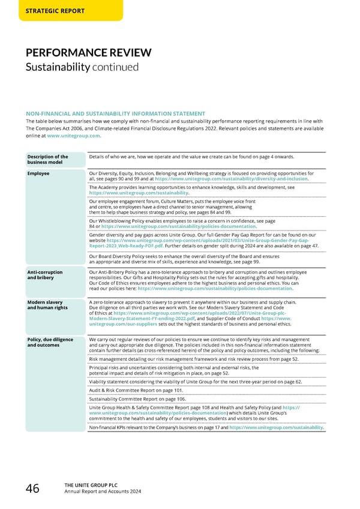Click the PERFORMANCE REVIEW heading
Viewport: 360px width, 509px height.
point(88,53)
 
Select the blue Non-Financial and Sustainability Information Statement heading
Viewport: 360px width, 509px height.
point(115,113)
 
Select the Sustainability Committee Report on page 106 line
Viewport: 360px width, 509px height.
point(137,399)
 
